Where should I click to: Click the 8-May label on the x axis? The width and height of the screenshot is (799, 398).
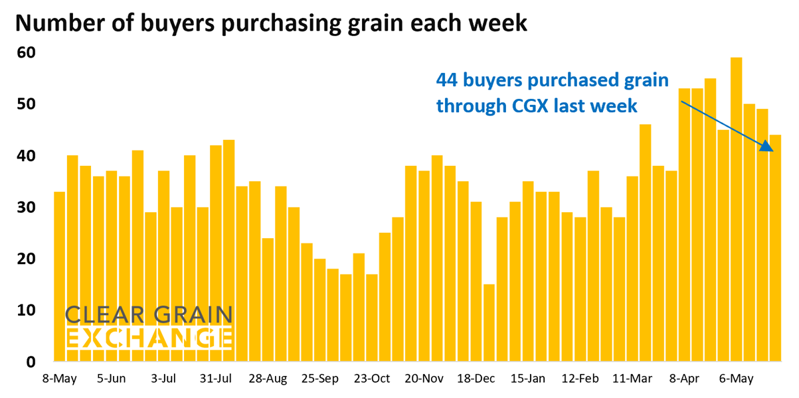pyautogui.click(x=58, y=379)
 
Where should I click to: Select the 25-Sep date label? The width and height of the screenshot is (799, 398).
pyautogui.click(x=320, y=379)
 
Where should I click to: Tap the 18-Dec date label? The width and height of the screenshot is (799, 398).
pyautogui.click(x=476, y=379)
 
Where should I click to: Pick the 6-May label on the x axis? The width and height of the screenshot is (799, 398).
pyautogui.click(x=737, y=379)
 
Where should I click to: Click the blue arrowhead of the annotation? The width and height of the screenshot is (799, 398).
pyautogui.click(x=766, y=147)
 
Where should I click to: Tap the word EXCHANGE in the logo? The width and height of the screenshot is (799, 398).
pyautogui.click(x=149, y=338)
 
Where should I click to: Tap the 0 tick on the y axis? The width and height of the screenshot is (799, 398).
pyautogui.click(x=31, y=362)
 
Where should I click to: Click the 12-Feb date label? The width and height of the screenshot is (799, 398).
pyautogui.click(x=579, y=379)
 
